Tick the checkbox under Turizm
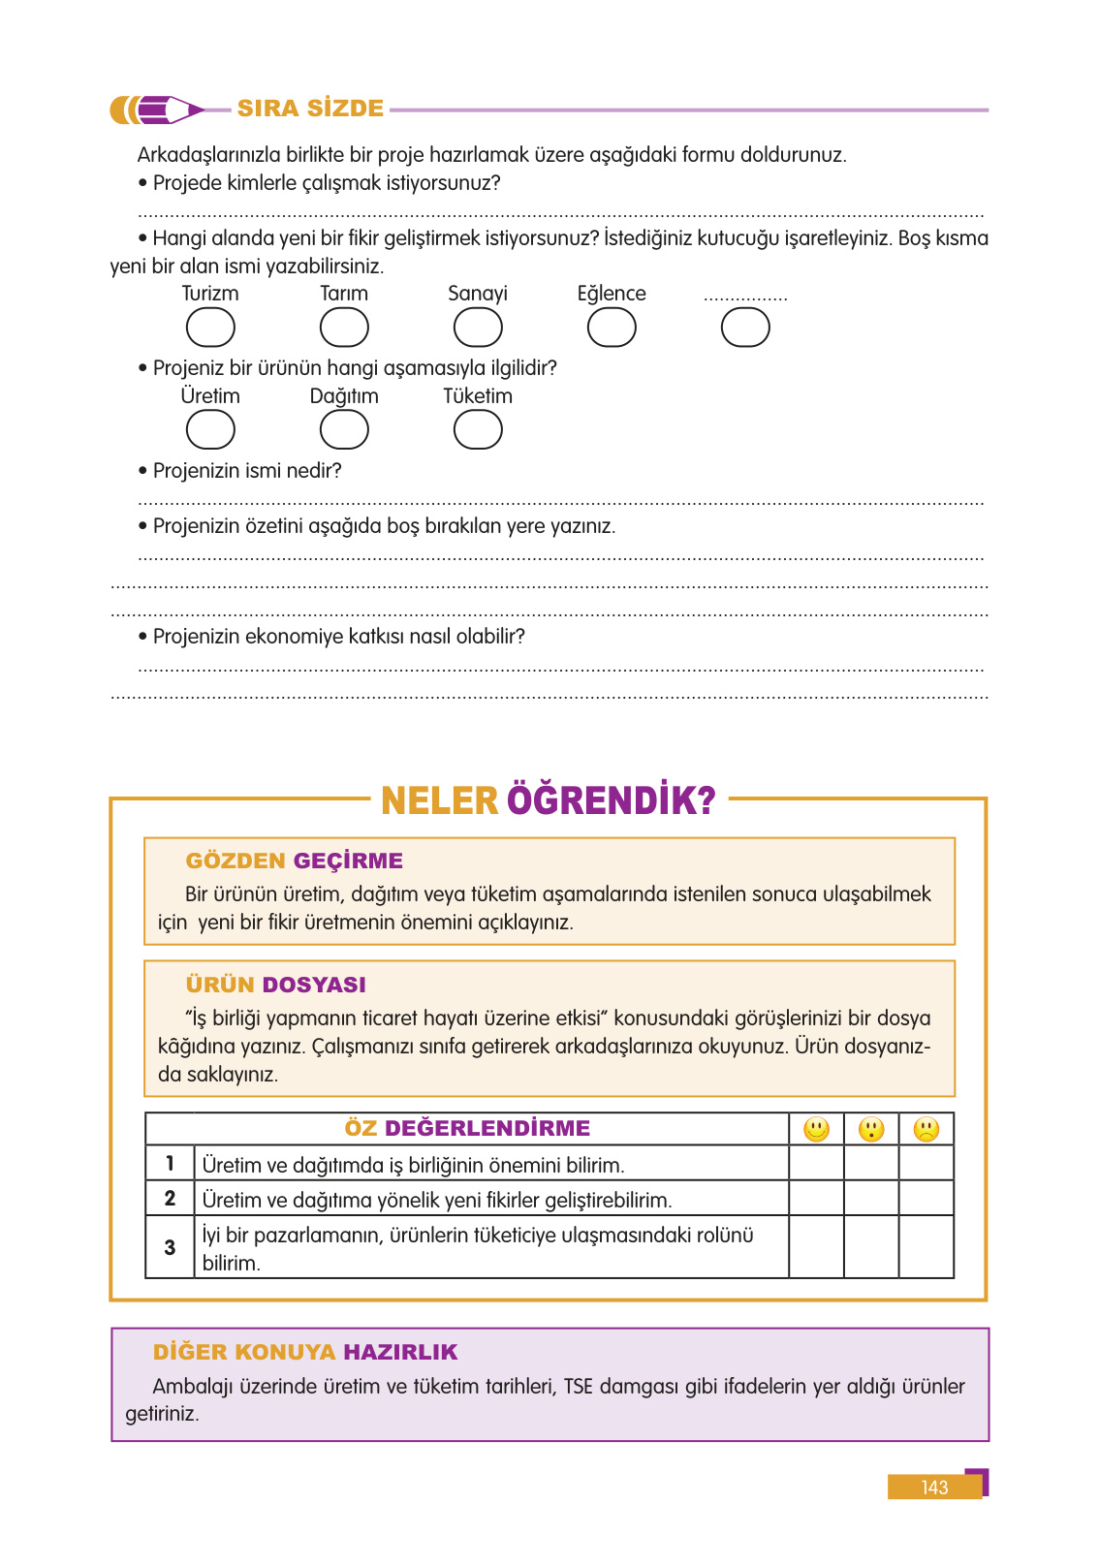(x=210, y=328)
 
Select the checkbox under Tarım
(x=344, y=328)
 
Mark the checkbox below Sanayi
(x=478, y=328)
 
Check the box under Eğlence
(x=612, y=328)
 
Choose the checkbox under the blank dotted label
(x=745, y=328)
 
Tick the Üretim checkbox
(x=210, y=429)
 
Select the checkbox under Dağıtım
(x=344, y=429)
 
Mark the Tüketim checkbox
(x=478, y=429)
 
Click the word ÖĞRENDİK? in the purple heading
(x=611, y=800)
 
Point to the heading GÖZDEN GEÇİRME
(x=294, y=861)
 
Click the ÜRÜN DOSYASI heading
(x=275, y=985)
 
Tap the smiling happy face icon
(x=816, y=1129)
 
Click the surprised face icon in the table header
(x=871, y=1129)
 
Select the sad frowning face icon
(x=926, y=1129)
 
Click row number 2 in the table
(x=170, y=1199)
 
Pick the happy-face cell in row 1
(x=816, y=1163)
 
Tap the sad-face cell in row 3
(x=926, y=1247)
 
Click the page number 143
(x=934, y=1488)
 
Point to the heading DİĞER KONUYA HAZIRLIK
(x=305, y=1352)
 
